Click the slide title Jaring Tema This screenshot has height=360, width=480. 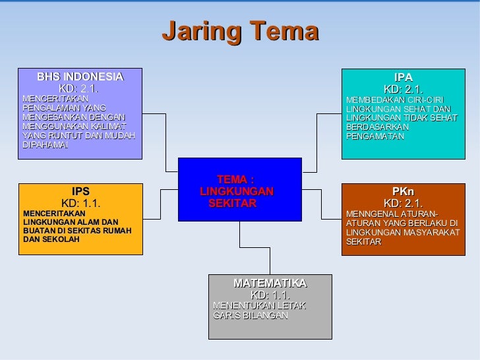click(240, 32)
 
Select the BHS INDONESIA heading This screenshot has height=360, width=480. click(80, 76)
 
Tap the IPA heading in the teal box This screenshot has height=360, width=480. click(403, 77)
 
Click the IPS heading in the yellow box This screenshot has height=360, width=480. click(80, 192)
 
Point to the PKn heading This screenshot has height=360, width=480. click(403, 191)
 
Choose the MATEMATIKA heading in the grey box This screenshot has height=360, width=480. click(270, 283)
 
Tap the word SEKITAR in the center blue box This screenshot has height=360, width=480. click(232, 204)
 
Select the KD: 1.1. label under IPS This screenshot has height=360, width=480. click(80, 203)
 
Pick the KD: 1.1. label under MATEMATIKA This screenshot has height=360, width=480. click(270, 295)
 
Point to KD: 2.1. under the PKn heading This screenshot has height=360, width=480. click(403, 203)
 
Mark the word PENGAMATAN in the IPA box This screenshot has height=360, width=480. click(375, 136)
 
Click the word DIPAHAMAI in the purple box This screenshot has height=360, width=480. click(45, 145)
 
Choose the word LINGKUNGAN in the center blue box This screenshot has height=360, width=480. click(236, 191)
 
